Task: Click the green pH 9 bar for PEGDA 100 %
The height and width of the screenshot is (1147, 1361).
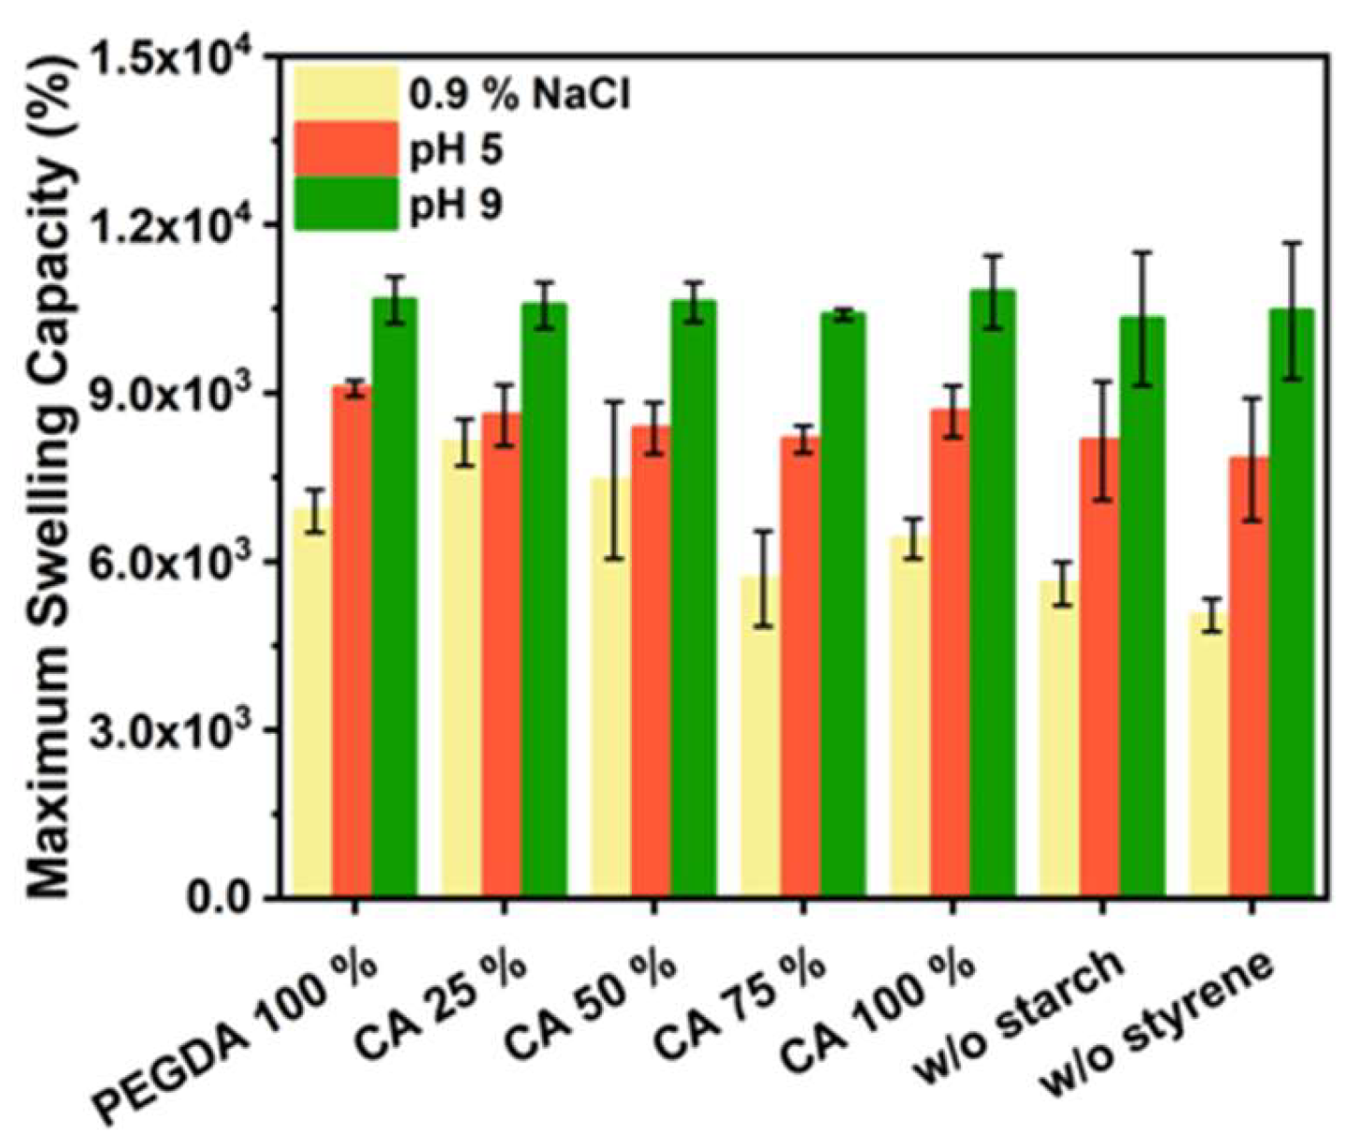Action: (394, 598)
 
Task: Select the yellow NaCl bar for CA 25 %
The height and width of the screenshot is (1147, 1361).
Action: (462, 669)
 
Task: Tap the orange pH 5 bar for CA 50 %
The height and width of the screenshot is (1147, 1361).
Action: (652, 662)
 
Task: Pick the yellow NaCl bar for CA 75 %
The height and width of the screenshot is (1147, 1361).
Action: (761, 737)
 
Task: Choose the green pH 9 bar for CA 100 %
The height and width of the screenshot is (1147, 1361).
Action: (993, 594)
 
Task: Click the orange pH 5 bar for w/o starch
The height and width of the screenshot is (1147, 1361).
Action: (1099, 667)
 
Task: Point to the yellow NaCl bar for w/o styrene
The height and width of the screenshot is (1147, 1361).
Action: (1210, 755)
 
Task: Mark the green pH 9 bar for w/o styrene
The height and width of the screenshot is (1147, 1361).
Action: (1292, 603)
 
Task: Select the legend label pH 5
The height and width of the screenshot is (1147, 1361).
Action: (456, 150)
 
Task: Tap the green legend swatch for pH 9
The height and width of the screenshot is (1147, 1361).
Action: (346, 204)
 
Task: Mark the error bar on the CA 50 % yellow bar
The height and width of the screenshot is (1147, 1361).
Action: (610, 480)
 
